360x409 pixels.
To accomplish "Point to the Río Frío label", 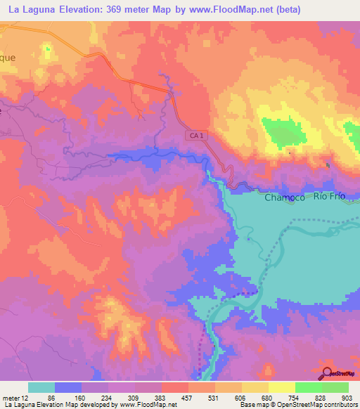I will tap(330, 197).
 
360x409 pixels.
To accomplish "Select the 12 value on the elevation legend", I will tap(28, 398).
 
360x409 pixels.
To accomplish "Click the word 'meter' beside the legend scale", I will tap(12, 398).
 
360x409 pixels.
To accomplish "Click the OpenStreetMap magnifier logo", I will tap(328, 375).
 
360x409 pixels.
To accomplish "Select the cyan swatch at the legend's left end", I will tap(41, 387).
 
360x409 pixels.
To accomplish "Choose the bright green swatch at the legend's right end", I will tap(335, 387).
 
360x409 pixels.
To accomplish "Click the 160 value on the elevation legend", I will tap(82, 398).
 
